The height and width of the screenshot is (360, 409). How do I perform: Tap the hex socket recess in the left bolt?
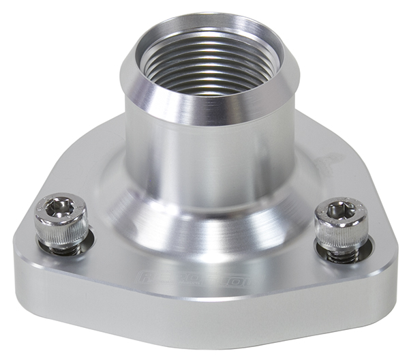tap(61, 206)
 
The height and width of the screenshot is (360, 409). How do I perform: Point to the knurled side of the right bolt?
tap(340, 236)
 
